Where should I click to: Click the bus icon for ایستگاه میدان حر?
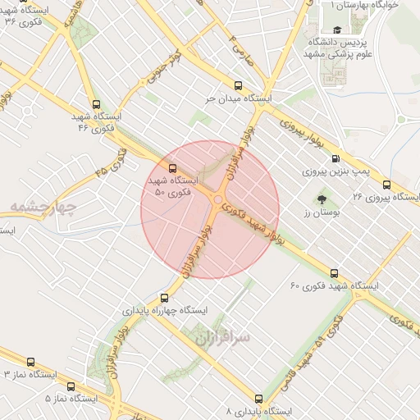pos(239,84)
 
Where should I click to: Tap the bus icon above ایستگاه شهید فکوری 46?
pos(97,104)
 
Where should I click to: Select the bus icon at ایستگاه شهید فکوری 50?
pos(171,169)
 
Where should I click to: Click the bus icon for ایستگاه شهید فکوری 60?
pos(333,273)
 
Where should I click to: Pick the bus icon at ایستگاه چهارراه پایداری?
pos(166,299)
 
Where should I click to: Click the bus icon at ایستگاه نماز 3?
pos(31,362)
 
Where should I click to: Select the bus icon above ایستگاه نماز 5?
pos(71,386)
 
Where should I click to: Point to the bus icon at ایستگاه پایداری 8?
pos(259,398)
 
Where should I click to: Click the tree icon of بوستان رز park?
pos(321,199)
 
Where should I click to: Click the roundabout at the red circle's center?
pos(217,201)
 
